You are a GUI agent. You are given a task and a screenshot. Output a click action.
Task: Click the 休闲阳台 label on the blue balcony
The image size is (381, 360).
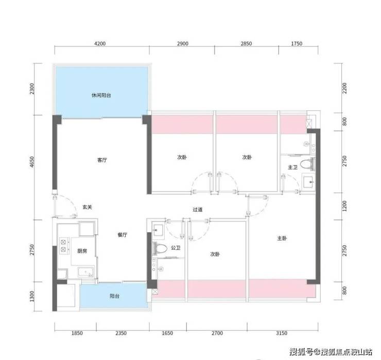coord(101,95)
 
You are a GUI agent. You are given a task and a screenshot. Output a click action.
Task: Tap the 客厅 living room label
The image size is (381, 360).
coord(102,160)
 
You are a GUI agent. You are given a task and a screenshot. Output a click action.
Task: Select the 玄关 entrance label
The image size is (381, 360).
coord(87,207)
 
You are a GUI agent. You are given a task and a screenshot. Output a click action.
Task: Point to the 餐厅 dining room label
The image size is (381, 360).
coord(122,235)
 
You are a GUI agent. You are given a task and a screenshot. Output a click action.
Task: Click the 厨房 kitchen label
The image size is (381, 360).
coord(82,251)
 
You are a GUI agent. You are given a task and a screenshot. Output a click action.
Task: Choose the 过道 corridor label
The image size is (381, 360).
coord(198,210)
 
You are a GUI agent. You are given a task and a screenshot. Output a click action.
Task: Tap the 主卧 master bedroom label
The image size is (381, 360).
coord(282,238)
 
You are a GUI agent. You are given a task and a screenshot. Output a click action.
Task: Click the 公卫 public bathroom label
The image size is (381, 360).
coord(176,248)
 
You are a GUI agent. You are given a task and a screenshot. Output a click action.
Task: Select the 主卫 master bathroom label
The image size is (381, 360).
coord(292,167)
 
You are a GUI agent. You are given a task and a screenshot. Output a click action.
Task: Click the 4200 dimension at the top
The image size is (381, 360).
coord(100,43)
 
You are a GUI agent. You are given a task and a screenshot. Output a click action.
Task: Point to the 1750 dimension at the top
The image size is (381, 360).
coord(297,43)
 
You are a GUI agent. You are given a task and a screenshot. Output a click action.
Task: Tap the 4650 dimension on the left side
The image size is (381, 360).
coord(32,162)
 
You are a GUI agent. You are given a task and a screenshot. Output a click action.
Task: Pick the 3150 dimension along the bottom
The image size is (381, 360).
coord(282,333)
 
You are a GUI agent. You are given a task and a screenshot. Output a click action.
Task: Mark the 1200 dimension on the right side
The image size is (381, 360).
coord(344,206)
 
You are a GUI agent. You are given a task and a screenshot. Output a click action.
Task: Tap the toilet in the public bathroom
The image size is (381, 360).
coord(160,248)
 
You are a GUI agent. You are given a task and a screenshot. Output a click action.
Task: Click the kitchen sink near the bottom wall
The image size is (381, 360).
coord(86,272)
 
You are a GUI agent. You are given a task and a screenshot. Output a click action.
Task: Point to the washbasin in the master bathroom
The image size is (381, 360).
coord(308,181)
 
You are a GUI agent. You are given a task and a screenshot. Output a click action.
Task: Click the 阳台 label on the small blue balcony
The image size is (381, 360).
coord(114,296)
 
